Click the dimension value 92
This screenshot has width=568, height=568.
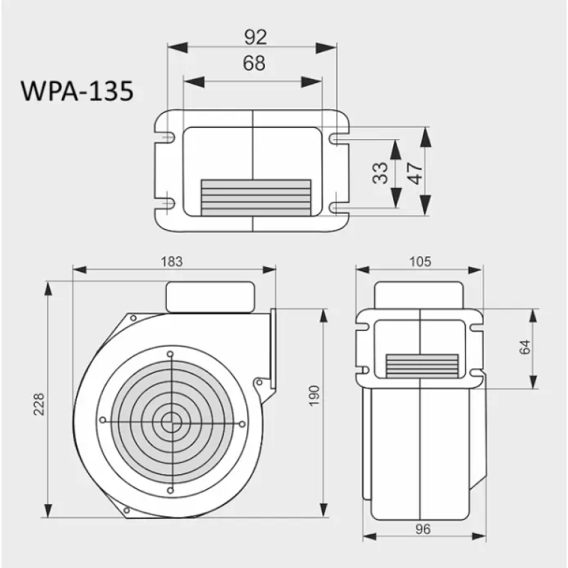click(x=253, y=35)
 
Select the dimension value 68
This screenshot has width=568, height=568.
click(x=253, y=63)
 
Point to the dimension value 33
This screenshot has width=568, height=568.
click(x=381, y=173)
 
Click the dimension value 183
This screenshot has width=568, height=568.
click(x=172, y=261)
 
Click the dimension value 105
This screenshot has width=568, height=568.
click(x=420, y=261)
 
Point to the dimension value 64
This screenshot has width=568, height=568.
click(x=525, y=348)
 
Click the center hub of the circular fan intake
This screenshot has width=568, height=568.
click(x=170, y=422)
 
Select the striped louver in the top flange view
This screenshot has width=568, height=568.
click(x=256, y=197)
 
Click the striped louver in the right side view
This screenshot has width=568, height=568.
click(x=421, y=365)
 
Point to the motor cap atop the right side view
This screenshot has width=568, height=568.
click(x=420, y=295)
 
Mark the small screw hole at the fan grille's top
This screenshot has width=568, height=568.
click(x=170, y=354)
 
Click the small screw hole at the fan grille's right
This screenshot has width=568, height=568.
click(x=242, y=423)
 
